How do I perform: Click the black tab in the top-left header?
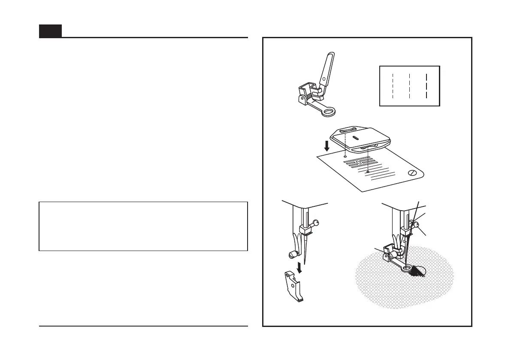tap(50, 31)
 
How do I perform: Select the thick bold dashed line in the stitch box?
tap(427, 86)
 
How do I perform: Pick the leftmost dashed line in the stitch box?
tap(393, 86)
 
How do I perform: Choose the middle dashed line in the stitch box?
tap(410, 86)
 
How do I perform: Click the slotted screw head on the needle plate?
tap(412, 173)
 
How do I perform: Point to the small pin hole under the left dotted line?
tap(345, 157)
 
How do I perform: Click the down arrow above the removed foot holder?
tap(300, 270)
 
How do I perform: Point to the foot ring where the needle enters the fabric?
tap(405, 269)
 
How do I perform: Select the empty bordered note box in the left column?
tap(143, 226)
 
